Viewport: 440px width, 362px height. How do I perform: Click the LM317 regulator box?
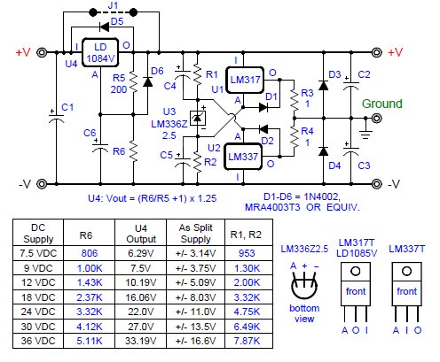[245, 80]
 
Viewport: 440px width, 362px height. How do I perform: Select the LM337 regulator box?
[243, 157]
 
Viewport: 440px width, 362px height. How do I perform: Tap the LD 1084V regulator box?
[100, 52]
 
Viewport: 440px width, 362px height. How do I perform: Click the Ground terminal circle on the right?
[376, 119]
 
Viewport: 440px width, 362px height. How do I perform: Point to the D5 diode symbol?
[104, 27]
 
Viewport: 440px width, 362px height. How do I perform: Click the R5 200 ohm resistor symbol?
[133, 83]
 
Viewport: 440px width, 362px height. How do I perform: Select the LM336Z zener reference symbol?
[198, 118]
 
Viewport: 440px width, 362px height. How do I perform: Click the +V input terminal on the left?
[42, 52]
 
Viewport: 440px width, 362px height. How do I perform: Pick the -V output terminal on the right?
[376, 184]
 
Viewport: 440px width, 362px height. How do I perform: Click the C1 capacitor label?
[67, 107]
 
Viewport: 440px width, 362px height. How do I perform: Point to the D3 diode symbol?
[324, 86]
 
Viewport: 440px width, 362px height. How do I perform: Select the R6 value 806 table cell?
[90, 253]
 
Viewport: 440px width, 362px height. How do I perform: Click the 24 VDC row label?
[38, 312]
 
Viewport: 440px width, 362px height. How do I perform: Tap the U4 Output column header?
[141, 234]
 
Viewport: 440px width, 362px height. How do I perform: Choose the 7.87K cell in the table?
[247, 341]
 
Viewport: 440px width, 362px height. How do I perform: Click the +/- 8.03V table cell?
[195, 297]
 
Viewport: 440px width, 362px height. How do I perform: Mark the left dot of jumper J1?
[93, 12]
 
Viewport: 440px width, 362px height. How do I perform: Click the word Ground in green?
[382, 104]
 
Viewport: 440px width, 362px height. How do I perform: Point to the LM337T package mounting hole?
[406, 271]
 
